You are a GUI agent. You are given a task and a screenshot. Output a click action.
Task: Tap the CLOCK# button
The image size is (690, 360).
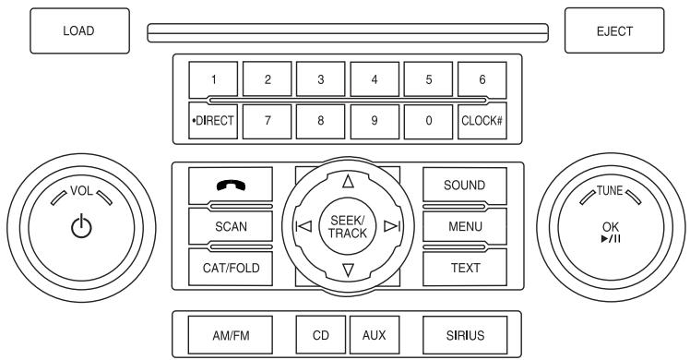tap(481, 120)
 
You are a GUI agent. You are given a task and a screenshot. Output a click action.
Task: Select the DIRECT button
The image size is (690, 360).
tap(213, 120)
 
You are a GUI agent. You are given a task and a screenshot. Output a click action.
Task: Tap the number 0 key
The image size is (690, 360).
tap(427, 120)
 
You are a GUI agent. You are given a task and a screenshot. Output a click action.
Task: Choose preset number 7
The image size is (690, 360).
tap(267, 120)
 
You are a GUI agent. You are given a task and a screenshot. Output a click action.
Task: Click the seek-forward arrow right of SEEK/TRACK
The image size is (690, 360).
tap(391, 226)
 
